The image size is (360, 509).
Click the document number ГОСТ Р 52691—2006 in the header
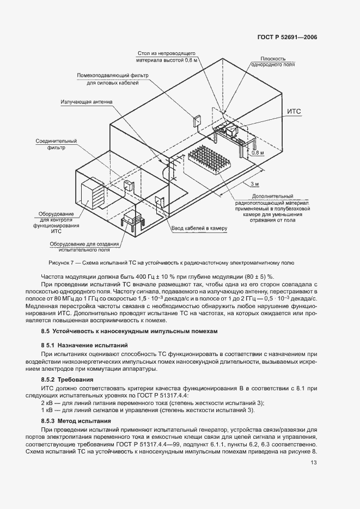click(x=287, y=38)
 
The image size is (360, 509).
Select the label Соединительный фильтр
click(x=57, y=144)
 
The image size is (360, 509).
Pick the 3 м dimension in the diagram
click(x=255, y=184)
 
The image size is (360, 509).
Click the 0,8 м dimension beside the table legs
click(x=258, y=153)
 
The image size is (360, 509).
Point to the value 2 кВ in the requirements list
click(x=46, y=402)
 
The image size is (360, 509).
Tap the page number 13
click(x=314, y=463)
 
